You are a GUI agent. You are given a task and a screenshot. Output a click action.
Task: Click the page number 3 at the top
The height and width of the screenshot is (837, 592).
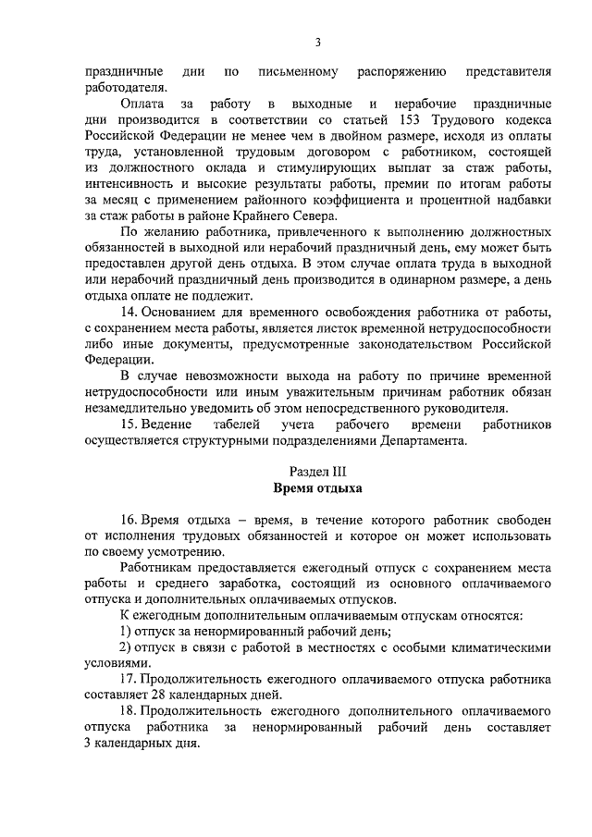(x=317, y=42)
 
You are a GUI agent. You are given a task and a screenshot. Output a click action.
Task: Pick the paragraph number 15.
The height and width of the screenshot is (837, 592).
(x=129, y=424)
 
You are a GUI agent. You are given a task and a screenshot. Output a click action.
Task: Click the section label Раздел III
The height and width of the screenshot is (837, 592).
(x=317, y=471)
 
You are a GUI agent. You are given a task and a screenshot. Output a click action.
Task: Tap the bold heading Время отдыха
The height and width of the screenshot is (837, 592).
(x=317, y=487)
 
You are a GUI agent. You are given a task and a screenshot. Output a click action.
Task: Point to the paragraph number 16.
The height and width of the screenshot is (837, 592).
(x=129, y=518)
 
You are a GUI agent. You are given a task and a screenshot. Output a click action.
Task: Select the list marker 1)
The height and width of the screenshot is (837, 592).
(x=128, y=631)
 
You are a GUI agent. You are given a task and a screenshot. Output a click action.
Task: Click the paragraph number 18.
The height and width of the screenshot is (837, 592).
(x=129, y=711)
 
